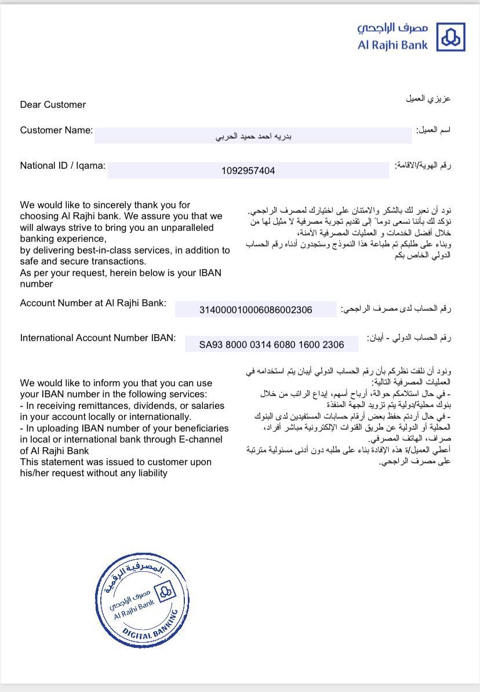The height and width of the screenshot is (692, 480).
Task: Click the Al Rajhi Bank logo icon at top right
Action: click(450, 38)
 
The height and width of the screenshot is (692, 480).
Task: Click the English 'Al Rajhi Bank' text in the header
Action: click(392, 45)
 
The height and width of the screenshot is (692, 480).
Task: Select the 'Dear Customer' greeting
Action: click(53, 105)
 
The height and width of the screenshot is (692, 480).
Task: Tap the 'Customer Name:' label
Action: click(56, 131)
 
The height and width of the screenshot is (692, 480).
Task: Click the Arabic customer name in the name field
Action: click(253, 137)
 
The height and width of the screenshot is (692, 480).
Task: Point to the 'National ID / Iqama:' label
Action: click(63, 166)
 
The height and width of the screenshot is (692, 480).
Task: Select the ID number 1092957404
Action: click(248, 171)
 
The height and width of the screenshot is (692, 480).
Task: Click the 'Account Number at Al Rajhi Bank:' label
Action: click(93, 303)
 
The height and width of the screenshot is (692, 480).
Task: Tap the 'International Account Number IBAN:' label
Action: click(97, 338)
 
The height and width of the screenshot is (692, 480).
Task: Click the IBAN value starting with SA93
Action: click(271, 345)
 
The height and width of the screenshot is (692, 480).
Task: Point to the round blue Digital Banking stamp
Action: click(142, 600)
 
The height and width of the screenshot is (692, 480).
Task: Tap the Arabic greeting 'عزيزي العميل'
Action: click(428, 99)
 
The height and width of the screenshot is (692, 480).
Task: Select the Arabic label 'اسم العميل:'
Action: click(433, 131)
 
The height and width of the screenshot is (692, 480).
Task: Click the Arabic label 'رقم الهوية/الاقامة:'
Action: click(423, 166)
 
